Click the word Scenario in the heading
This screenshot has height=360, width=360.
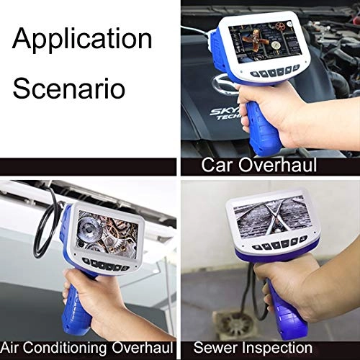click(x=68, y=89)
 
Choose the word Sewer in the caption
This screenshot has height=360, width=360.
click(x=216, y=347)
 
